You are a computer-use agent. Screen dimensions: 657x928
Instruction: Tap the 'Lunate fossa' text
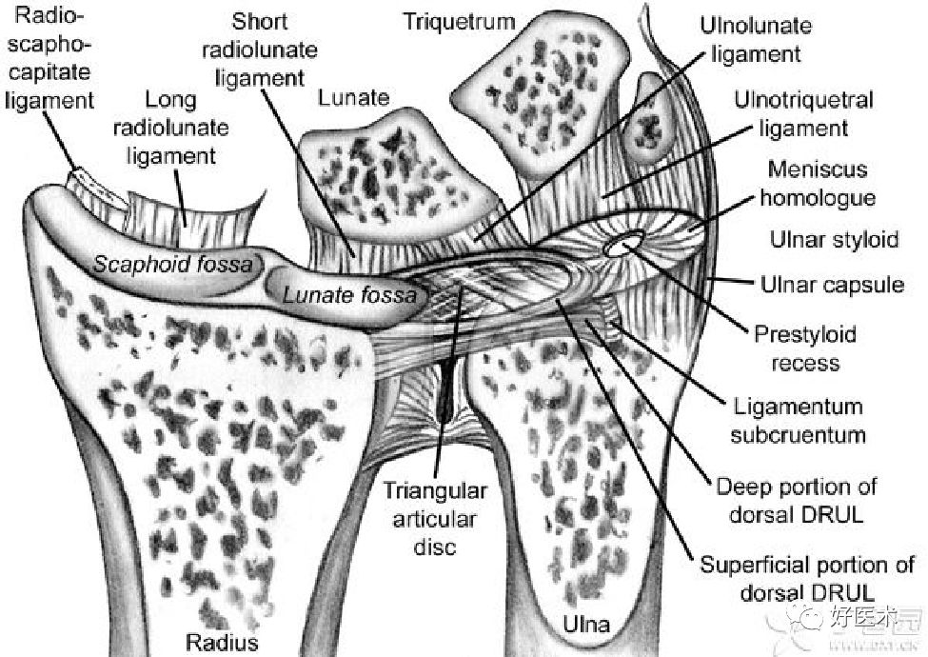coord(349,295)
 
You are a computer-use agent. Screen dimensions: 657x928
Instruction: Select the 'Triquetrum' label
coord(459,21)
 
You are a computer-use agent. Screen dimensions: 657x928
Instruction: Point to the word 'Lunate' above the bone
coord(354,97)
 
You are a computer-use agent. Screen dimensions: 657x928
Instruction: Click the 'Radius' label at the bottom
coord(221,642)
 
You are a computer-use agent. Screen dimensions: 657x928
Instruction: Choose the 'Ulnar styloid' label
coord(834,238)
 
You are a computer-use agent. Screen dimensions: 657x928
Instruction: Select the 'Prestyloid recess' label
coord(804,348)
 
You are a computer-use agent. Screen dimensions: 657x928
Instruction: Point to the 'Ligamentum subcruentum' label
coord(798,421)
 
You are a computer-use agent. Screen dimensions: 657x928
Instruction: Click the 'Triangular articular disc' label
coord(435,519)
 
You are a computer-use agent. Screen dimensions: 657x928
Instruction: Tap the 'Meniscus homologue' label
coord(820,184)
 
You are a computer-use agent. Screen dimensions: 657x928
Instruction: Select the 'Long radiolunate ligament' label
coord(171,127)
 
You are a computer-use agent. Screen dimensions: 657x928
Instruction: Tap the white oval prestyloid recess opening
coord(622,247)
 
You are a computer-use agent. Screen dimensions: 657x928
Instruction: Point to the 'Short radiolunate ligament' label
coord(259,48)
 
